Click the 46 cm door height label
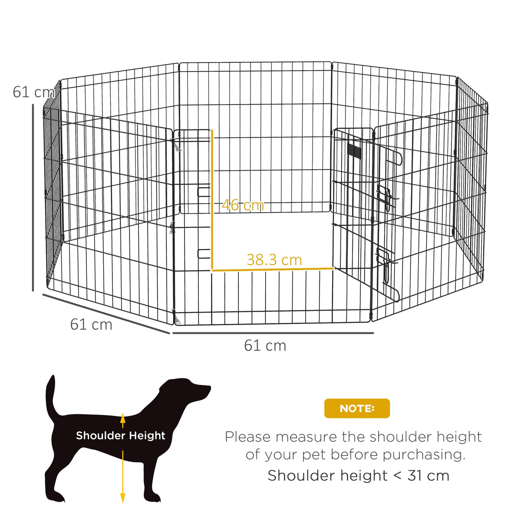point(243,205)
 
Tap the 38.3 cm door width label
point(274,260)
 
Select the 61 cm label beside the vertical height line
point(32,92)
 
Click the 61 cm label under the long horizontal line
point(265,346)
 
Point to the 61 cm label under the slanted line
point(91,324)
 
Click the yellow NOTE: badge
point(357,408)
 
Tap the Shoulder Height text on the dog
point(120,435)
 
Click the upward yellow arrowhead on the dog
point(123,418)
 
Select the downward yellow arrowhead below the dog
point(123,498)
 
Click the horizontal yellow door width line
point(273,270)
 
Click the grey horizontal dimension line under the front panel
point(273,333)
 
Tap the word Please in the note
point(247,437)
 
